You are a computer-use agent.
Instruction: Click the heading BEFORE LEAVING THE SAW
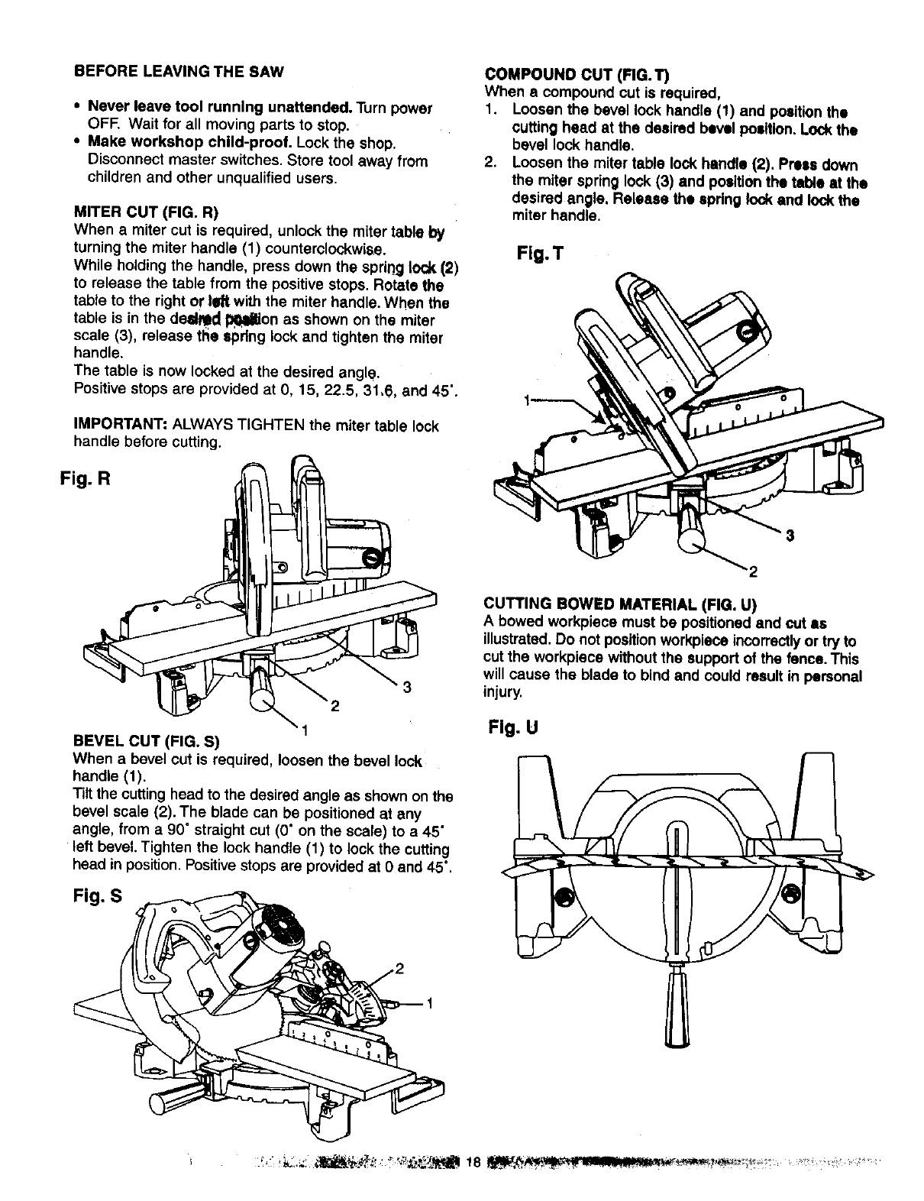pyautogui.click(x=179, y=73)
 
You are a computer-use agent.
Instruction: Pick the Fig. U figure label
pyautogui.click(x=513, y=728)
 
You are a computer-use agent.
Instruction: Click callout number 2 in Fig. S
pyautogui.click(x=399, y=972)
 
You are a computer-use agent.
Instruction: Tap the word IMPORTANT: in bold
pyautogui.click(x=121, y=426)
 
